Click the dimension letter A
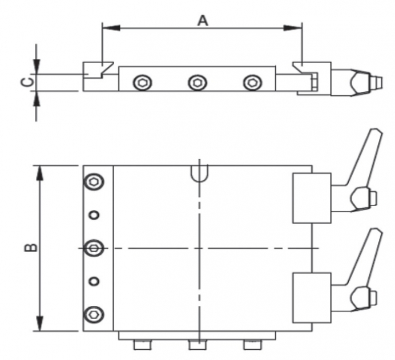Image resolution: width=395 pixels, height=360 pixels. coord(203,21)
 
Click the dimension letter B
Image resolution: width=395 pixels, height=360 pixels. coord(31,248)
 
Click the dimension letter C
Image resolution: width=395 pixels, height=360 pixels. coord(26,82)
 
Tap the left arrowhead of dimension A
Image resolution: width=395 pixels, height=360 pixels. coord(111,28)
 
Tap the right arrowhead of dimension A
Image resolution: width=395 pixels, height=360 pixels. coord(293,28)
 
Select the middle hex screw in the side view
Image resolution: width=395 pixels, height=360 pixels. coord(197,83)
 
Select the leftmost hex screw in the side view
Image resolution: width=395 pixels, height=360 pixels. coord(143,83)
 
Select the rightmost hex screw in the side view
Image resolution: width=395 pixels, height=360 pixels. coord(252,83)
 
